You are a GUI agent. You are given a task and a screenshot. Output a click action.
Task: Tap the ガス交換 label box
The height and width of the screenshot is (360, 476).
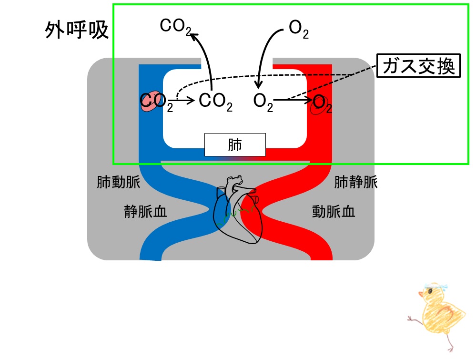(x=419, y=66)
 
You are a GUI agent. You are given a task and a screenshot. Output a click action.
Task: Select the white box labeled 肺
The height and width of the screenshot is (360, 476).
(x=235, y=144)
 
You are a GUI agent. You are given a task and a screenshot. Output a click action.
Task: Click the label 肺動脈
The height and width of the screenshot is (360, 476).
(x=118, y=183)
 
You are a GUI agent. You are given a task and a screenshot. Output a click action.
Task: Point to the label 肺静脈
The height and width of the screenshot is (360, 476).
(x=356, y=182)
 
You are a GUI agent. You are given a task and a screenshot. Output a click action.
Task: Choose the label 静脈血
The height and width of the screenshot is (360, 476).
(x=145, y=211)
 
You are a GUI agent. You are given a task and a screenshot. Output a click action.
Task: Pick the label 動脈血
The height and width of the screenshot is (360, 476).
(x=334, y=211)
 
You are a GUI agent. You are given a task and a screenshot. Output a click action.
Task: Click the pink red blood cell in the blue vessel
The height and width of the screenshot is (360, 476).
(x=150, y=102)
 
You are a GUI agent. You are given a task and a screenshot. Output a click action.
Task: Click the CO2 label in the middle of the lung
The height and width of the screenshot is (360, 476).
(x=215, y=102)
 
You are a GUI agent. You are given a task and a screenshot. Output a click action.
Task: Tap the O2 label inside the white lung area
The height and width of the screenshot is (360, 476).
(x=263, y=102)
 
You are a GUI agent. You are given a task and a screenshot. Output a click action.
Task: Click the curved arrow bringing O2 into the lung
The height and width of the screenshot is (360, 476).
(x=265, y=52)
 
